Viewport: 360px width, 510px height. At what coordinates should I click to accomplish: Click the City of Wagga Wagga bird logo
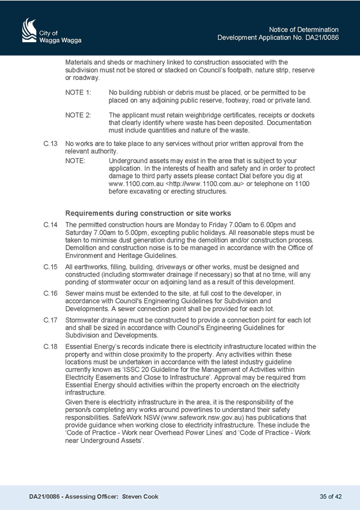[29, 30]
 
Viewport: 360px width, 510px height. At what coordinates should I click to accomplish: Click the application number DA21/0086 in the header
[322, 37]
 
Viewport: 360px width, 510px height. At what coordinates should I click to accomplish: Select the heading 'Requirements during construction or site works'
[148, 214]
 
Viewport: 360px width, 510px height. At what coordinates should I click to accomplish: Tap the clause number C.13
[50, 144]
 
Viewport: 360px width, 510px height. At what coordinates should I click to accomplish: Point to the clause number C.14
[50, 225]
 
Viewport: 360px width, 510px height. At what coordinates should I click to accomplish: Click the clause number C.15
[50, 267]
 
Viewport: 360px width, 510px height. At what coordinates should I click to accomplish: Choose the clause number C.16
[50, 293]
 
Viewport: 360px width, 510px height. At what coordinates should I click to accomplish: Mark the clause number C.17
[50, 320]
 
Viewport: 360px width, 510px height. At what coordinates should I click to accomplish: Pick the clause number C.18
[50, 347]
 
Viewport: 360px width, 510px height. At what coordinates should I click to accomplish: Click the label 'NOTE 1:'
[78, 93]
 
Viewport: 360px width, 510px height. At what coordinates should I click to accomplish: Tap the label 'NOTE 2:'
[78, 115]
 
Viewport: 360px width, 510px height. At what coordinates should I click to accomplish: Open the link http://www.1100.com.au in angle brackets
[205, 184]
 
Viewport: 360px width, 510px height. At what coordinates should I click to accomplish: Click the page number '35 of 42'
[331, 497]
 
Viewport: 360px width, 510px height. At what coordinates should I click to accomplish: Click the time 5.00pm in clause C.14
[138, 233]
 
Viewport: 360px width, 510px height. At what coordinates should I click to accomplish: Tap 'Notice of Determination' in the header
[304, 29]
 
